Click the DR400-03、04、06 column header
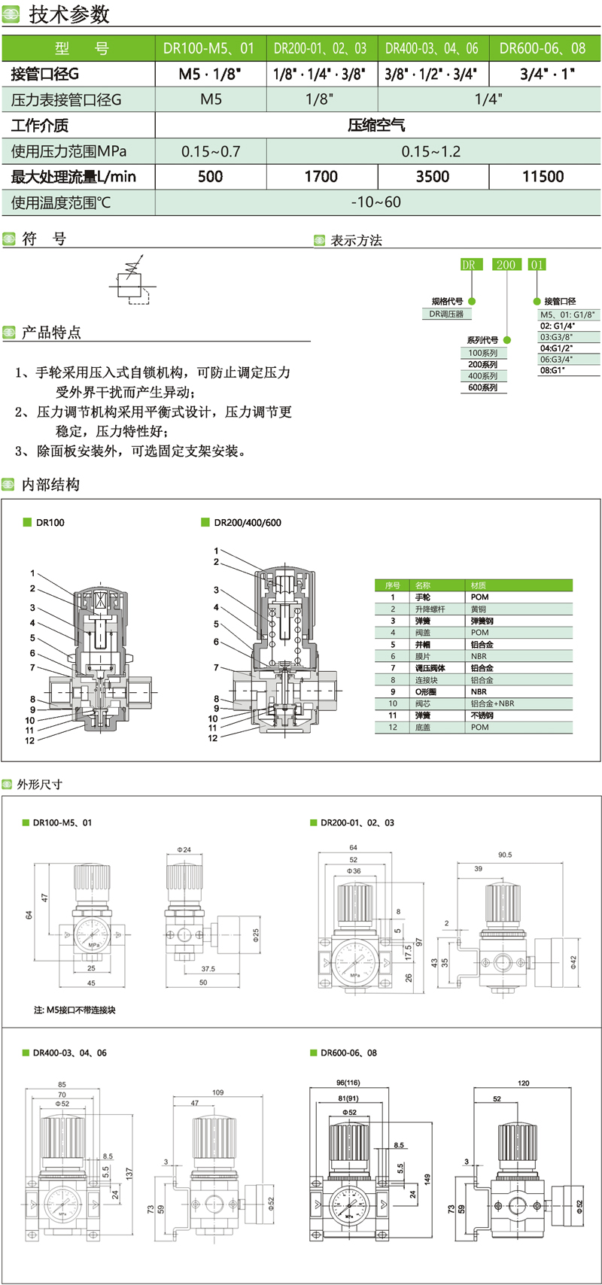coord(432,49)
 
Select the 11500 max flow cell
coord(543,177)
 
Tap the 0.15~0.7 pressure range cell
coord(211,151)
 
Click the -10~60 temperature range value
coord(376,202)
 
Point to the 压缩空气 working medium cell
coord(376,126)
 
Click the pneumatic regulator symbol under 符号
coord(132,280)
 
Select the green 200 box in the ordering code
coord(506,265)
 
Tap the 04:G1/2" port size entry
coord(557,348)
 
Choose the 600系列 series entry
coord(483,387)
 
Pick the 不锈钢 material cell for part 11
coord(482,715)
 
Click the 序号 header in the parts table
coord(393,585)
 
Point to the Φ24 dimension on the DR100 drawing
coord(184,849)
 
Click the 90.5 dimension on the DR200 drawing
coord(504,855)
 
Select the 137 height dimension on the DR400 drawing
coord(129,1173)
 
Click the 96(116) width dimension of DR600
coord(348,1083)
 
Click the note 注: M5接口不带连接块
coord(74,1010)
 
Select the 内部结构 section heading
coord(50,485)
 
